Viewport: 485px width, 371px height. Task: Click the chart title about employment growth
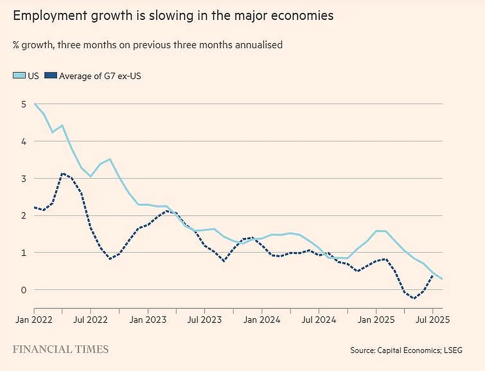point(173,16)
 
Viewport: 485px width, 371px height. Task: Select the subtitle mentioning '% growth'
point(147,45)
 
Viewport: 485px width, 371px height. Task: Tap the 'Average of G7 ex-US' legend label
point(100,76)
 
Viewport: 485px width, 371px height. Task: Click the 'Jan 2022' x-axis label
point(34,320)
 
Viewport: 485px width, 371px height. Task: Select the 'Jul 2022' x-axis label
point(91,320)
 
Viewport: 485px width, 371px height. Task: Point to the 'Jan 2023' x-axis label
point(148,320)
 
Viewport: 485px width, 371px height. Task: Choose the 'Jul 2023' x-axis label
point(205,320)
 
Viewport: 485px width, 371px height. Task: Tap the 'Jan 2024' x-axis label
point(262,320)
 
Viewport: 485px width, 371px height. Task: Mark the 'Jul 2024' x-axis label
point(319,320)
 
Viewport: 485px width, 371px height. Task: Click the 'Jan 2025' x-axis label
point(376,320)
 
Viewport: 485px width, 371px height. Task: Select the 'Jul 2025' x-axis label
point(433,320)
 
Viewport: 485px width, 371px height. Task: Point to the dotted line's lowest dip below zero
point(414,299)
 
